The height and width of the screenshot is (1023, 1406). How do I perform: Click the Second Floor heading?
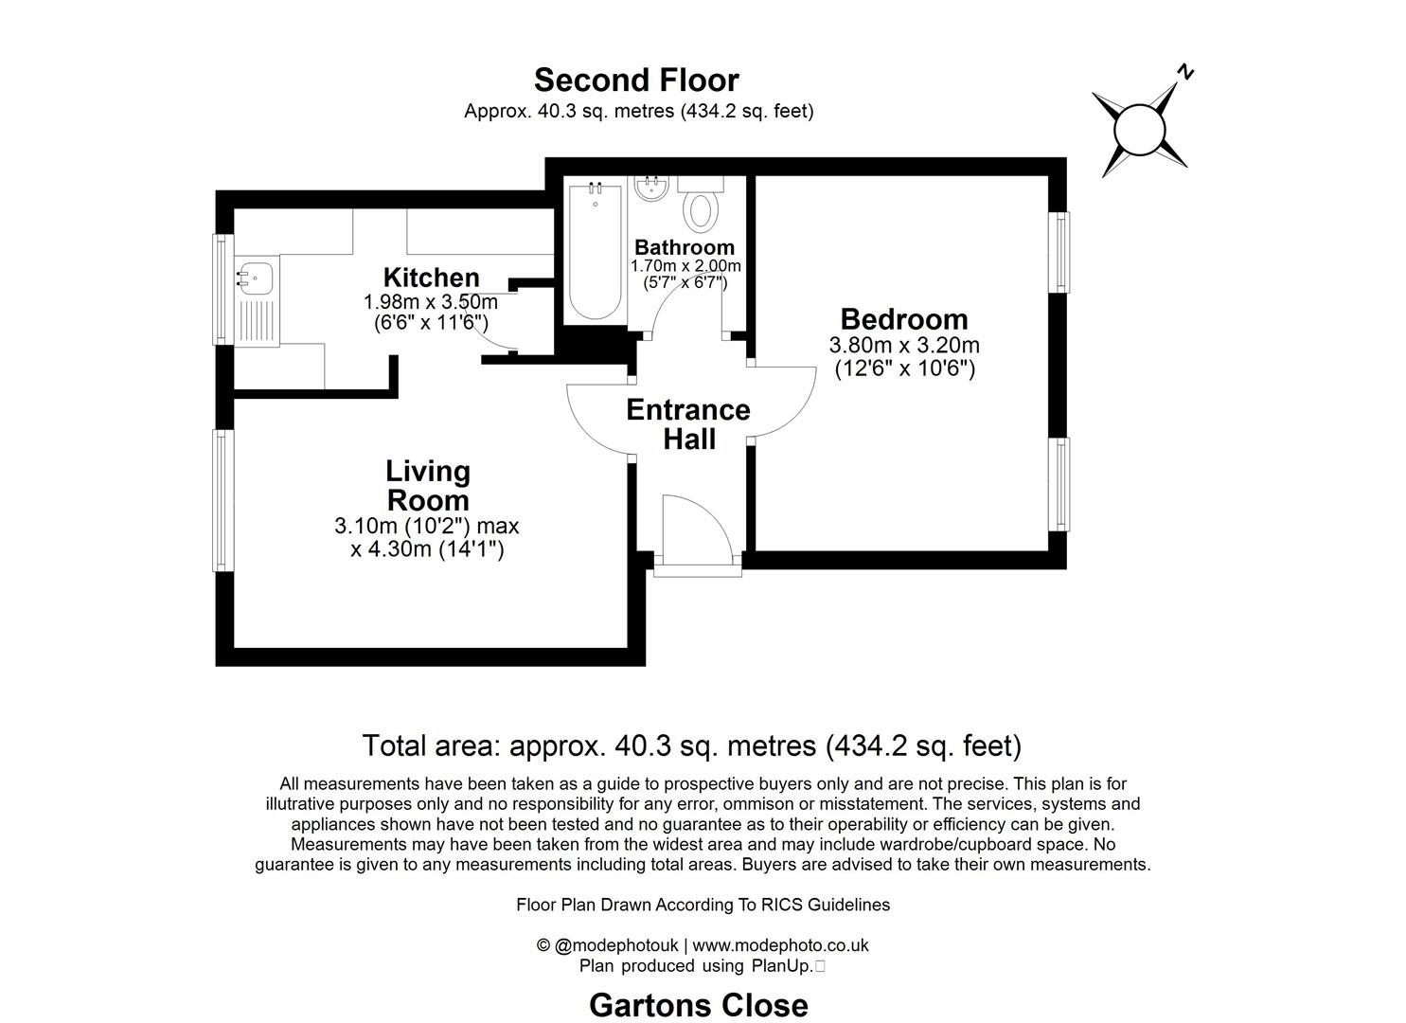pyautogui.click(x=636, y=80)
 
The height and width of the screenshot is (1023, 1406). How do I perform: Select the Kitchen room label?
pyautogui.click(x=431, y=278)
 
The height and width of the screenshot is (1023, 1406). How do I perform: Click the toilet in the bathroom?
pyautogui.click(x=702, y=210)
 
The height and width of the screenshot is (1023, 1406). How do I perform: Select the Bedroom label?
pyautogui.click(x=903, y=319)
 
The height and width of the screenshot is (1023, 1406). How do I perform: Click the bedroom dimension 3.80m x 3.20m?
pyautogui.click(x=903, y=345)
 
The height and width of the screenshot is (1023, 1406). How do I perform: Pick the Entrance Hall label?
pyautogui.click(x=688, y=424)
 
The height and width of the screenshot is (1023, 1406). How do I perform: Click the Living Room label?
pyautogui.click(x=428, y=485)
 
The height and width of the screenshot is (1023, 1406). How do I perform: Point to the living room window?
pyautogui.click(x=222, y=500)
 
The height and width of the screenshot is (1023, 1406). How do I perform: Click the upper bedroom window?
pyautogui.click(x=1060, y=252)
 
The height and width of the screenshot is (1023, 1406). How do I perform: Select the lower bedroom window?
pyautogui.click(x=1060, y=484)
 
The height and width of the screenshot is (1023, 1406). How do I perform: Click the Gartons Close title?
pyautogui.click(x=698, y=1005)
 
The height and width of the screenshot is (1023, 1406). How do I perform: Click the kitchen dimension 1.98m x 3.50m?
pyautogui.click(x=431, y=302)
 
